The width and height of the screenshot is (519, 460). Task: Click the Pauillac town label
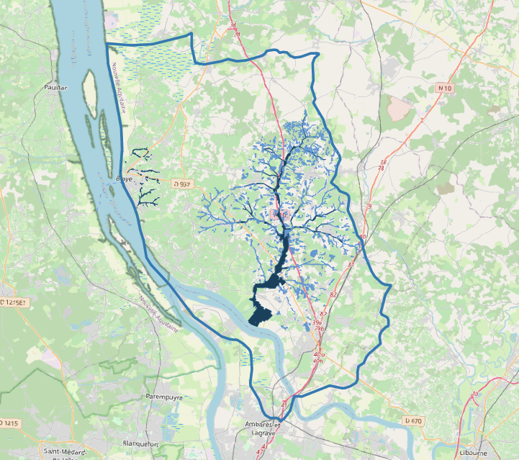(x=55, y=88)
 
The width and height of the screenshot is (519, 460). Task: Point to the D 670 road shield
(x=412, y=420)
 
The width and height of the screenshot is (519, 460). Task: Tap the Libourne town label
(x=474, y=453)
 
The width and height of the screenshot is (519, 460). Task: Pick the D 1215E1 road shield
(x=13, y=303)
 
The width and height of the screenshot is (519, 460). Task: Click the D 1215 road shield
(x=9, y=423)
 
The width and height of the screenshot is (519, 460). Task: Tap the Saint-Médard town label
(x=61, y=451)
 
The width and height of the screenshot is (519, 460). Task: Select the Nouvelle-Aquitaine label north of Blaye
(x=119, y=86)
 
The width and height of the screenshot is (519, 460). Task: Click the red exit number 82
(x=333, y=296)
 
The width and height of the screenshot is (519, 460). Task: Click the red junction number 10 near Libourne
(x=474, y=394)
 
